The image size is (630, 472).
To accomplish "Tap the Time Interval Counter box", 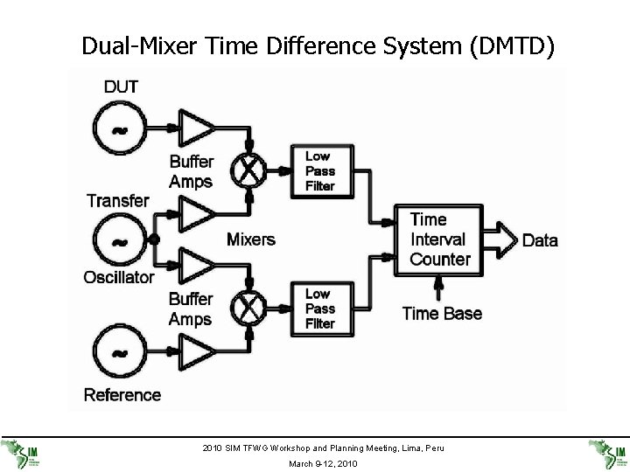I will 440,239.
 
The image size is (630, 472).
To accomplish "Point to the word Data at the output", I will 540,240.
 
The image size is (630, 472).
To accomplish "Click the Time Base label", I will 442,313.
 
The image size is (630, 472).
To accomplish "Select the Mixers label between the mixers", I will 251,239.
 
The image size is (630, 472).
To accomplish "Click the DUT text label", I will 120,87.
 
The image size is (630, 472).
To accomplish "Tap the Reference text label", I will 122,394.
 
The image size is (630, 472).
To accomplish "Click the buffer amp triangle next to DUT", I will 195,128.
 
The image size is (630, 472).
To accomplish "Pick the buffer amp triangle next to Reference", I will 195,351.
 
